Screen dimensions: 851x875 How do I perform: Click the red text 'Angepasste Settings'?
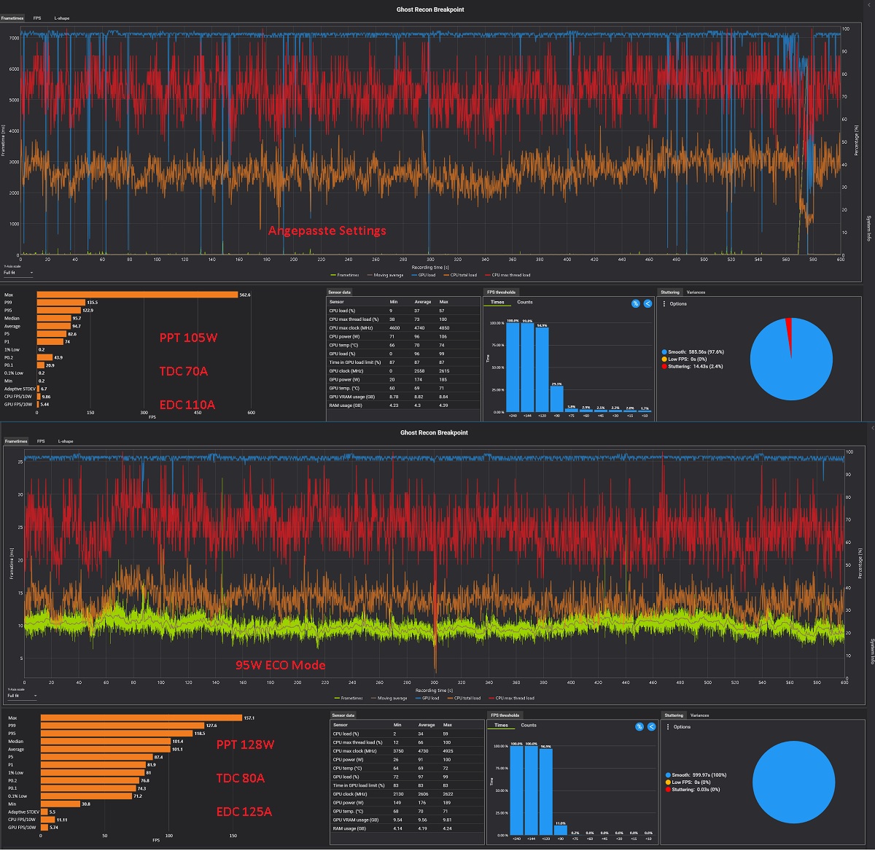point(327,230)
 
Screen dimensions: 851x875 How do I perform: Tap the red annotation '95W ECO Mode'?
point(280,665)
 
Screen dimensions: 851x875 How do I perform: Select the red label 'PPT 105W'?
point(188,338)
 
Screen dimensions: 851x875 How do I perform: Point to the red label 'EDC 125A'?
point(244,812)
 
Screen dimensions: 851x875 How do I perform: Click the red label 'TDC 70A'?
point(184,371)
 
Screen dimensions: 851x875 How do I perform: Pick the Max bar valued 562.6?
point(137,295)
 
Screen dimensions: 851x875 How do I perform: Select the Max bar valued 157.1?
point(141,718)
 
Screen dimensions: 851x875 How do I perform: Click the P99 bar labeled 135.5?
point(61,303)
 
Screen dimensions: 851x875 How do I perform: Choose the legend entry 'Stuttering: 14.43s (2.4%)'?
point(695,366)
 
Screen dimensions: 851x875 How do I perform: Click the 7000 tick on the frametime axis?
point(14,38)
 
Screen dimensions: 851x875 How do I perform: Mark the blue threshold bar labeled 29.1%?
point(556,399)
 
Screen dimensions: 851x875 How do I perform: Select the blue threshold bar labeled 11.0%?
point(561,830)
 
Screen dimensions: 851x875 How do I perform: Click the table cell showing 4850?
point(443,328)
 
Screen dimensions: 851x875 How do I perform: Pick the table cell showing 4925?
point(448,751)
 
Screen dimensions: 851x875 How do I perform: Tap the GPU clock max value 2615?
point(443,371)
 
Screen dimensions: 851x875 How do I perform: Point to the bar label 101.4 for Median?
point(177,742)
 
